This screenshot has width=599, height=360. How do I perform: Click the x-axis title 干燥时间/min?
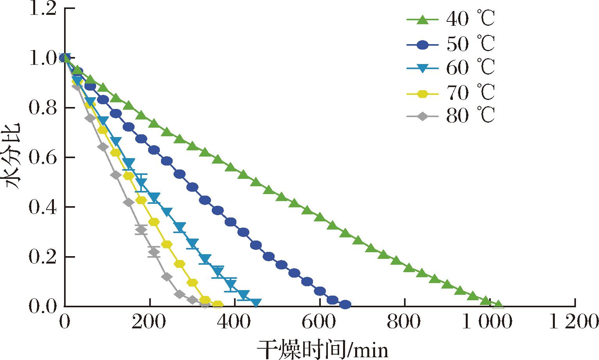[x=323, y=349]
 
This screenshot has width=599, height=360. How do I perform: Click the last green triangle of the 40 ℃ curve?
[x=498, y=304]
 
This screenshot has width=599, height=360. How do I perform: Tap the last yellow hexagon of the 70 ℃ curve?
[x=218, y=305]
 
